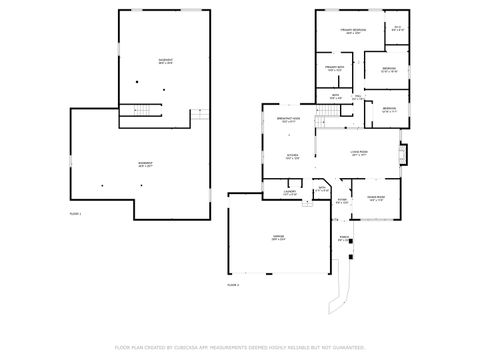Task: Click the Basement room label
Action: (164, 62)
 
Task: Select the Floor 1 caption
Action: (75, 214)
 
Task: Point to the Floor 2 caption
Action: (233, 285)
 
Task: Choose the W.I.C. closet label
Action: (397, 29)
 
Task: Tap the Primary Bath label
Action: (334, 69)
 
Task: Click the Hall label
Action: (356, 98)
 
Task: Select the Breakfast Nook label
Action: (290, 121)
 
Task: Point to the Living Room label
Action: (358, 153)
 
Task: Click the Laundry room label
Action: (289, 193)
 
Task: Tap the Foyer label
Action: (341, 201)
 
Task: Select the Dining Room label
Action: (375, 199)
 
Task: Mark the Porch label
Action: (344, 239)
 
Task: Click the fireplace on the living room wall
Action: (403, 155)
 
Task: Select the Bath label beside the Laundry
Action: (320, 190)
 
